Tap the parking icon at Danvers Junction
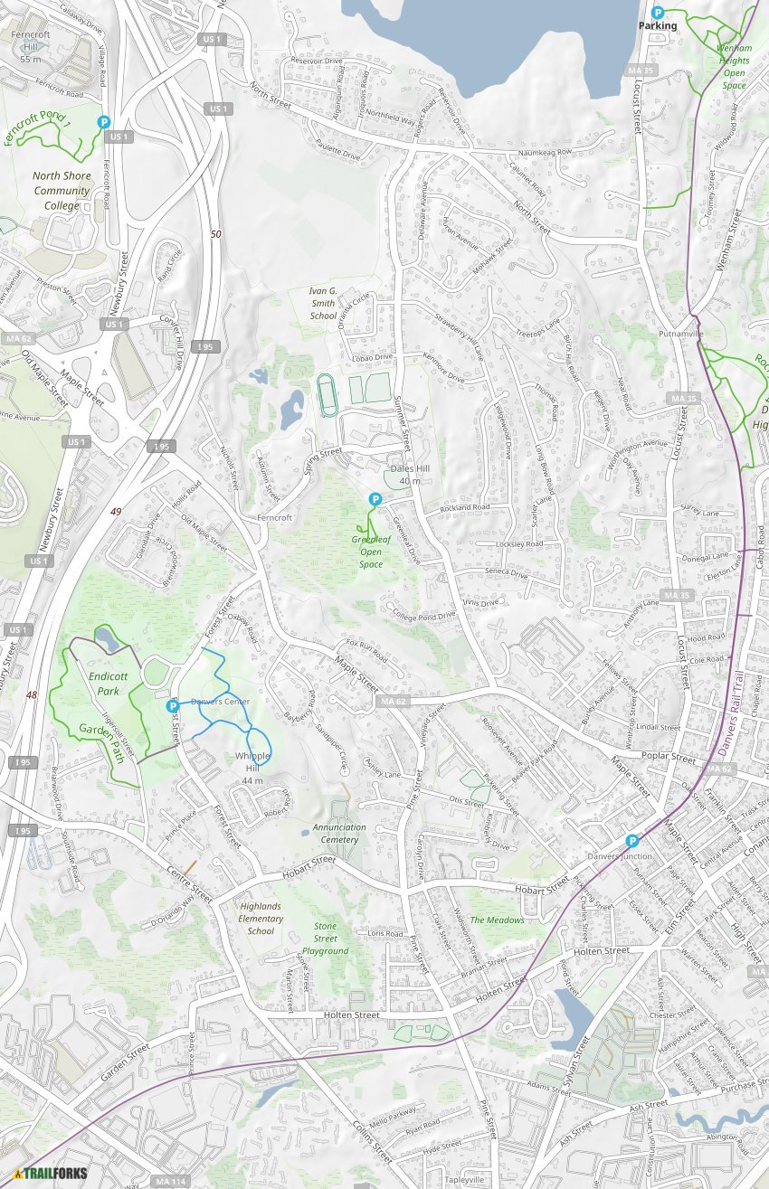(632, 841)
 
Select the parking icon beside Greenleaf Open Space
(375, 499)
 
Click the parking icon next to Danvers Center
(173, 706)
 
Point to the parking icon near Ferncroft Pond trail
(104, 122)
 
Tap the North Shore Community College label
(62, 191)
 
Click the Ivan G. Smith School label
(323, 304)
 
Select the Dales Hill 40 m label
(409, 475)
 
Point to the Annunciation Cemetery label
(339, 833)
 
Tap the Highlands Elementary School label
(261, 918)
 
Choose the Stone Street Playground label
(326, 938)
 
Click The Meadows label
(497, 920)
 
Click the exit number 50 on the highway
(215, 234)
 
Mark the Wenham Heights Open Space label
(734, 66)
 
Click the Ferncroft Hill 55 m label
(31, 47)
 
